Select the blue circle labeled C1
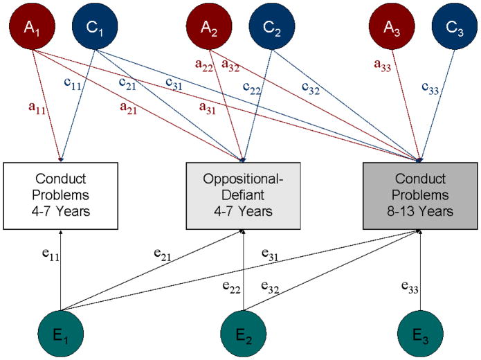point(93,27)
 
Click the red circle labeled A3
point(392,27)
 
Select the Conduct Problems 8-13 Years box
point(421,196)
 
